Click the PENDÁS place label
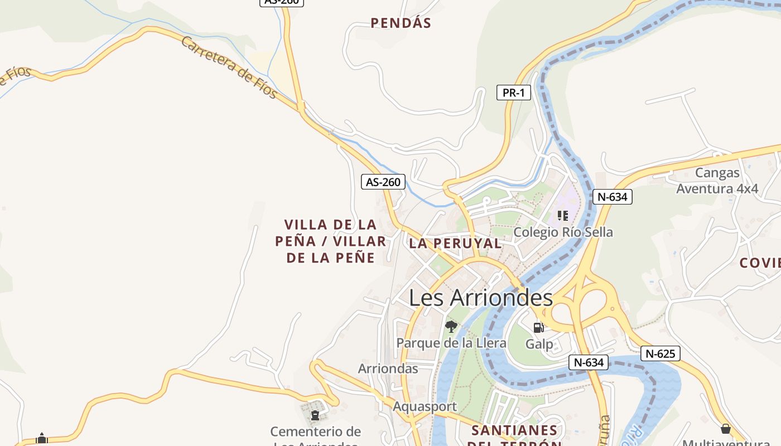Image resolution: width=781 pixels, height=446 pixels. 401,23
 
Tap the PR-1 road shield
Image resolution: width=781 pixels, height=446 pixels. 513,93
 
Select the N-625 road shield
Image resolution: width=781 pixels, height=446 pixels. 660,353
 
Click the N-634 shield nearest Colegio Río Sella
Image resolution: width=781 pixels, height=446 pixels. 612,197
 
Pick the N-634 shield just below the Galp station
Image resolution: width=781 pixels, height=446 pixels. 589,362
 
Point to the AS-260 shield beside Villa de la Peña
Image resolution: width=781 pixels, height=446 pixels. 383,182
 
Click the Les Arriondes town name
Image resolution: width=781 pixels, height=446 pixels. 481,298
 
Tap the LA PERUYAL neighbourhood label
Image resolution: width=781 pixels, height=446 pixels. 455,243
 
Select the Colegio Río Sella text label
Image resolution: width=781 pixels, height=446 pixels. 563,232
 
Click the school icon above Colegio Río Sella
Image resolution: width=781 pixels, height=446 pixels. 562,215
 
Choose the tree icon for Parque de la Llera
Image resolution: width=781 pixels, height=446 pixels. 451,327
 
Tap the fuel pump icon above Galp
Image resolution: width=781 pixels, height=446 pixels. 538,328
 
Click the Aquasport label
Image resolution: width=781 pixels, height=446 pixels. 425,406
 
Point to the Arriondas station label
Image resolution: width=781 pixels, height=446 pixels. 388,369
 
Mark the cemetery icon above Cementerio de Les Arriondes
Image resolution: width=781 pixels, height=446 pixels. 315,415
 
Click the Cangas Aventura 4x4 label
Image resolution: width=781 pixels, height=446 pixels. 717,181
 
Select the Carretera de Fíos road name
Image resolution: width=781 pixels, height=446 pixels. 229,67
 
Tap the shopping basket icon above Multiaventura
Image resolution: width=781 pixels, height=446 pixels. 725,429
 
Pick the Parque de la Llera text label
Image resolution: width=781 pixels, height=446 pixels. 451,343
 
